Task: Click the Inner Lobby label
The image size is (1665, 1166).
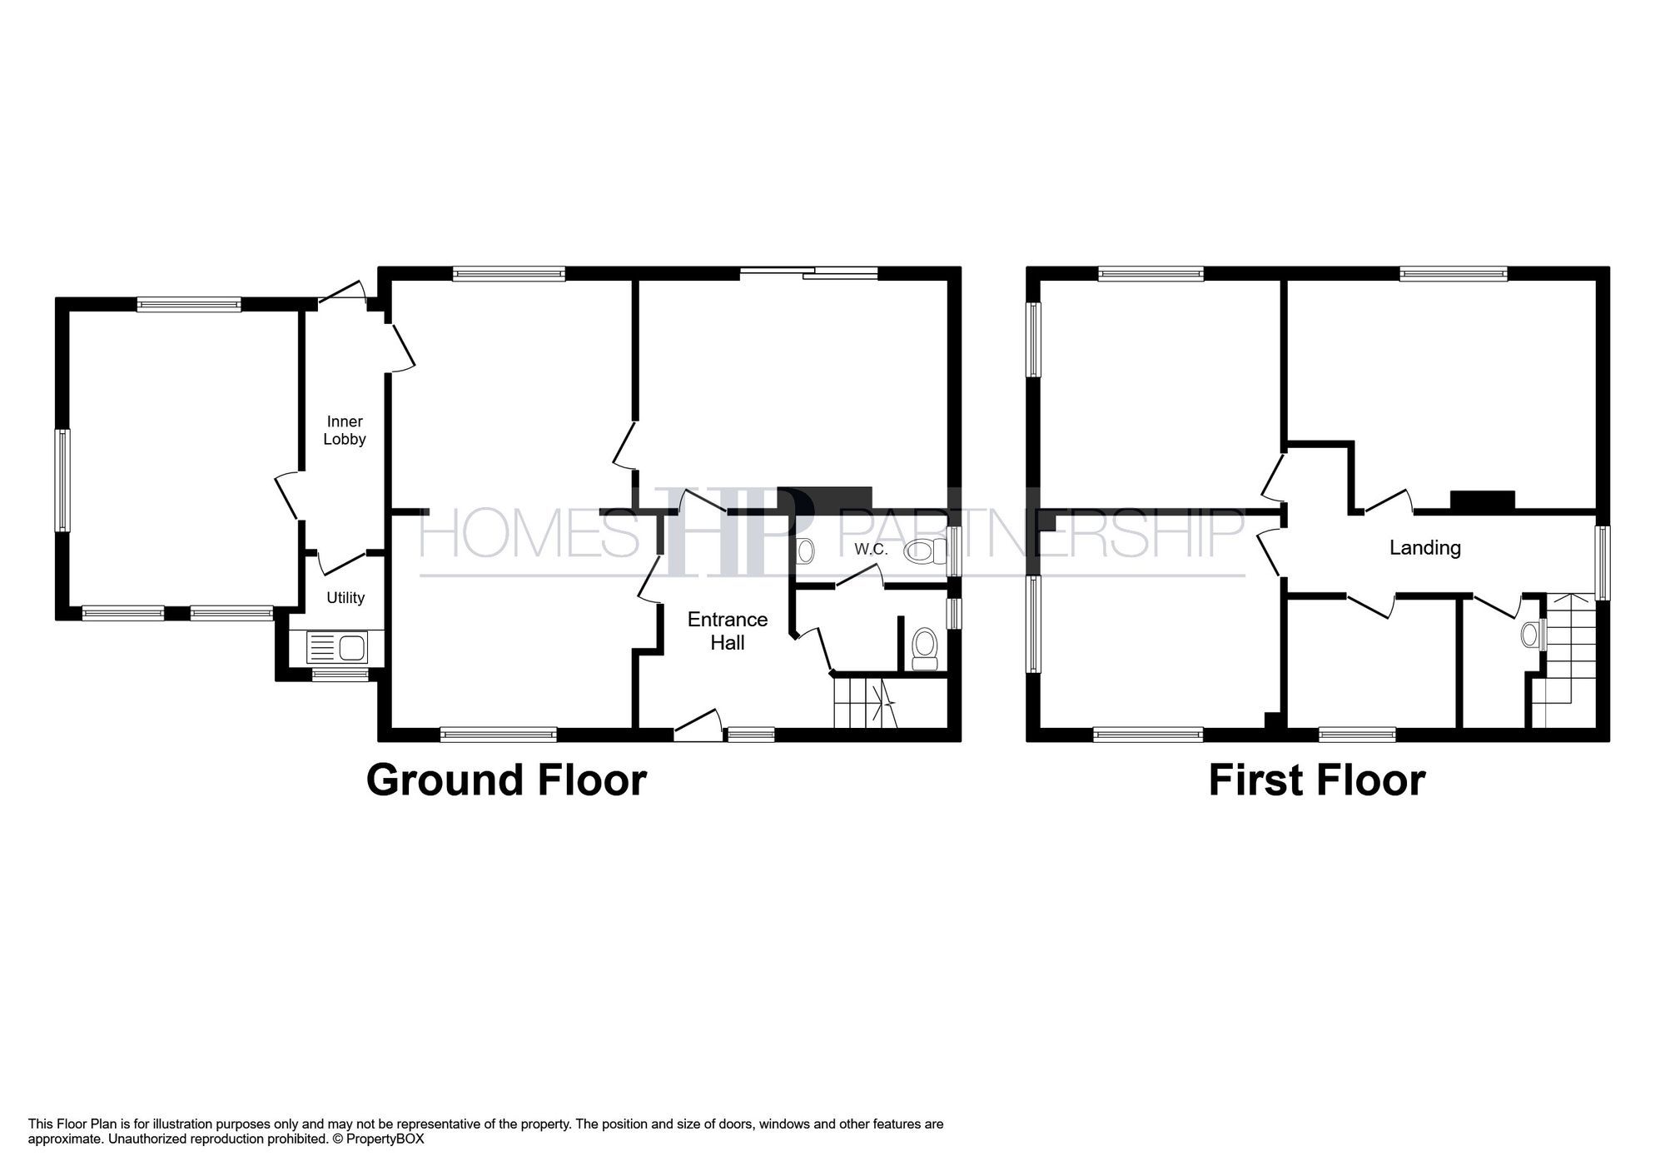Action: (x=345, y=431)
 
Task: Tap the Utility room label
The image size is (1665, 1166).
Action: (x=345, y=598)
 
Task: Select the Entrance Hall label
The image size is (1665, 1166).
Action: (x=728, y=631)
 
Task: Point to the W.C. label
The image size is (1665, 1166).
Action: (x=871, y=550)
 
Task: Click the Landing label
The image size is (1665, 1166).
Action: (x=1425, y=548)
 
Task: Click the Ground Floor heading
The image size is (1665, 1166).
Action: (x=506, y=780)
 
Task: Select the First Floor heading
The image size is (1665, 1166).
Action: (x=1316, y=780)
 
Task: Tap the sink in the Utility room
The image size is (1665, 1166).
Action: (x=337, y=647)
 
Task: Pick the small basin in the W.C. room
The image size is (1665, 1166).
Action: (x=806, y=551)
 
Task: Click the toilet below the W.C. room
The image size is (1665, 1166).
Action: (x=924, y=648)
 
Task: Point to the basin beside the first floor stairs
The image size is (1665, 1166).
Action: (x=1531, y=635)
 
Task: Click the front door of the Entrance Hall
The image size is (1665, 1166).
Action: (x=698, y=726)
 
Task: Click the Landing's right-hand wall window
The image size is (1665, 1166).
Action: (x=1603, y=562)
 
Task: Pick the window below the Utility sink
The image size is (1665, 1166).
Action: (x=340, y=675)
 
